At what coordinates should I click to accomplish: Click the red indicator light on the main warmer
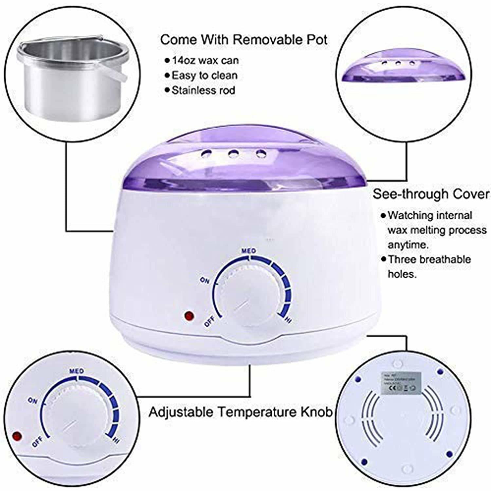(x=189, y=316)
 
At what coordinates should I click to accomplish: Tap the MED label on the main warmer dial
(x=248, y=251)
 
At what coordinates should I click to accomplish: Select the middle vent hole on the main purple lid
(x=233, y=153)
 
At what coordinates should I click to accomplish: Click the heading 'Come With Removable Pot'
(x=244, y=40)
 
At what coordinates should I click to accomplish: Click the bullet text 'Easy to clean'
(x=204, y=75)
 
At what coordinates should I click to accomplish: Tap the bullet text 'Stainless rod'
(x=203, y=90)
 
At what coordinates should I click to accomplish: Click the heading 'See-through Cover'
(x=431, y=194)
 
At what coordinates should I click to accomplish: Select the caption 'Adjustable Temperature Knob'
(x=240, y=412)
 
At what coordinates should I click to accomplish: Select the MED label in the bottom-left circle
(x=76, y=371)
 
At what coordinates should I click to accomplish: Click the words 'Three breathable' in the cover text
(x=429, y=260)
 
